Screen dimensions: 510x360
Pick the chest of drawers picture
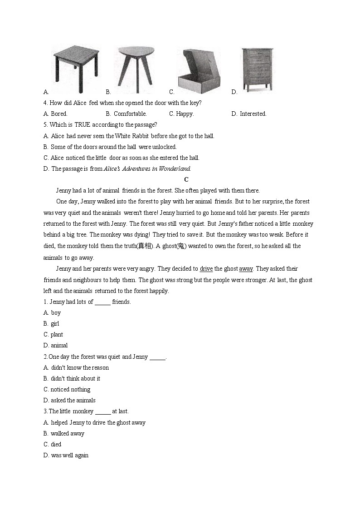(x=257, y=69)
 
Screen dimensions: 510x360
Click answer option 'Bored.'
(x=59, y=114)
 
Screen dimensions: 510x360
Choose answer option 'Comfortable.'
(x=130, y=114)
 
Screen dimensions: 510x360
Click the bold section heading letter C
(x=186, y=180)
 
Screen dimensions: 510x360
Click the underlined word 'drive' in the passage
(x=206, y=269)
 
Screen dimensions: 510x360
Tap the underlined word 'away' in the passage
(x=246, y=269)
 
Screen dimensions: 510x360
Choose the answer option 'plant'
(x=57, y=335)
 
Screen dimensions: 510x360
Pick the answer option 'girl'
(x=55, y=324)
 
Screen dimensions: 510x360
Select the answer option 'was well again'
(x=69, y=456)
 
